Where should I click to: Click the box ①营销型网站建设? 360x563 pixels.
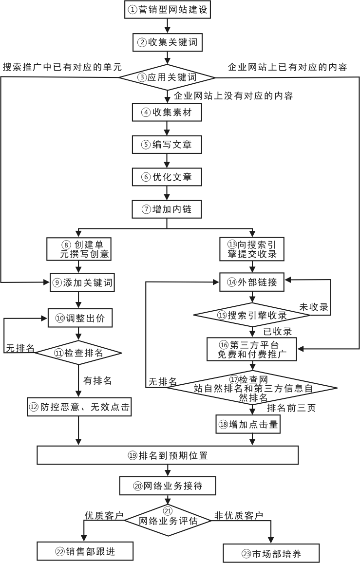[168, 10]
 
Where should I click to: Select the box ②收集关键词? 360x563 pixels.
[168, 42]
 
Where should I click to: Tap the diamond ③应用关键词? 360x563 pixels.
[168, 77]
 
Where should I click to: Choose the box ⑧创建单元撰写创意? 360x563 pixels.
[79, 248]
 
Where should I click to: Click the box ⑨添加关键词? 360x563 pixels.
[82, 282]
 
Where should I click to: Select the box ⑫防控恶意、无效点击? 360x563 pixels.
[79, 407]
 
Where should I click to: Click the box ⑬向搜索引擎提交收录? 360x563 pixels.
[252, 248]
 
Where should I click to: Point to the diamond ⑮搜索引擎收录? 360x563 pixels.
[252, 315]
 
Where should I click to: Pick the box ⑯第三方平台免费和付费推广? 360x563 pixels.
[252, 349]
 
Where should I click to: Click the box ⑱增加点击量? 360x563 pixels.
[248, 424]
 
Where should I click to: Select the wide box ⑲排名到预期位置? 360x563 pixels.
[168, 455]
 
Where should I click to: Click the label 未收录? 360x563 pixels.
[313, 307]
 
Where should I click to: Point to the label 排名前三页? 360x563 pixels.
[291, 408]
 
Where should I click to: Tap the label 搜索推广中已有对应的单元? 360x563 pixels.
[62, 67]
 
